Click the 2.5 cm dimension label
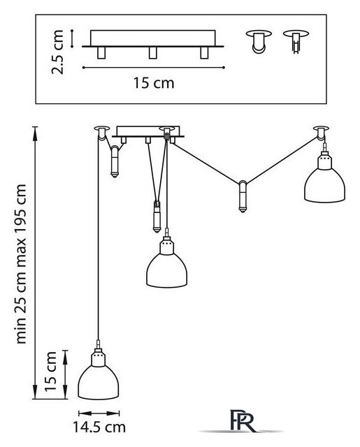coord(57,52)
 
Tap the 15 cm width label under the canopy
coord(154,83)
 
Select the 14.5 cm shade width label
coord(99,427)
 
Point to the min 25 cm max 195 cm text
coord(21,264)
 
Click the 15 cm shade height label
coord(50,372)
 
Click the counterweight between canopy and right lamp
coord(243,197)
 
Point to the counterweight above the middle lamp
coord(157,217)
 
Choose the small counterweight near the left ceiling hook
coord(115,161)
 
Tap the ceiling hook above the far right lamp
coord(321,132)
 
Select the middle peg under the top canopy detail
coord(153,53)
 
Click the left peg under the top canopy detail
coord(101,53)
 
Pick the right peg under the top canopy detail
coord(204,53)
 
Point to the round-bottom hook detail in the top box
coord(259,41)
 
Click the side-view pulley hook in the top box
coord(296,41)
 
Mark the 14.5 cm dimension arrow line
coord(99,413)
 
